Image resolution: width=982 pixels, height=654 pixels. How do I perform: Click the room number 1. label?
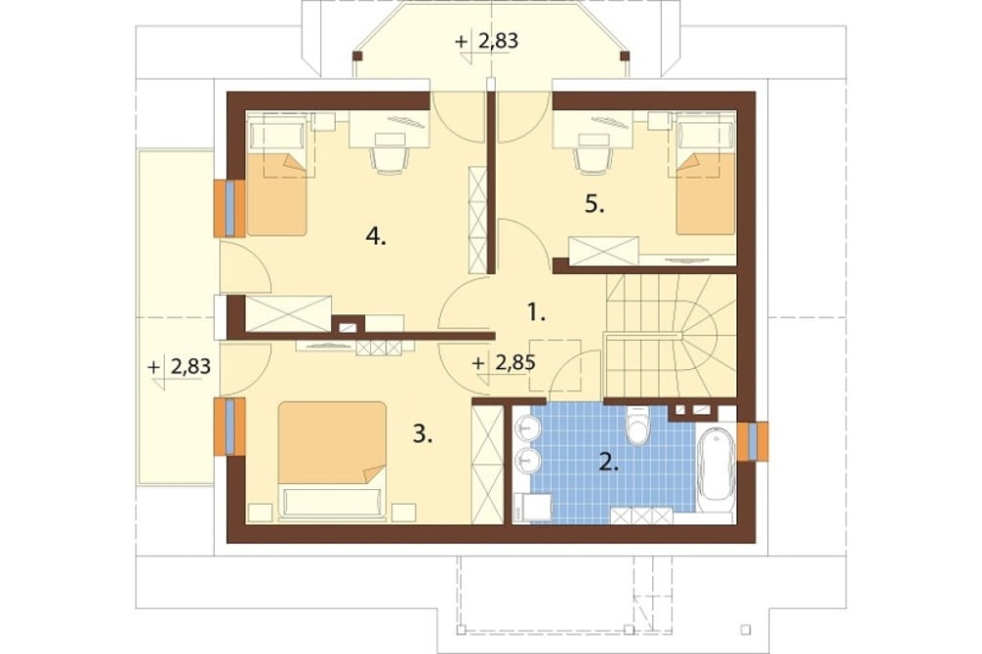tap(535, 312)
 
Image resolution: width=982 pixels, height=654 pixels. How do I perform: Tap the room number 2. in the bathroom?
tap(610, 463)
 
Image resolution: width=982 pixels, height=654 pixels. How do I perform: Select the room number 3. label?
tap(422, 433)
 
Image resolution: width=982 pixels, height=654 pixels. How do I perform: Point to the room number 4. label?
tap(376, 237)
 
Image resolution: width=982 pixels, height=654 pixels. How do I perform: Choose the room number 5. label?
tap(594, 204)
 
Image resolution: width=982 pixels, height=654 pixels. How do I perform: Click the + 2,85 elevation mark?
tap(504, 363)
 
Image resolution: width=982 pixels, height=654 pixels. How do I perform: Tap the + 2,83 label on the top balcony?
tap(487, 41)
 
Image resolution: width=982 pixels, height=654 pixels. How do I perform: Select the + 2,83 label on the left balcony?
tap(179, 366)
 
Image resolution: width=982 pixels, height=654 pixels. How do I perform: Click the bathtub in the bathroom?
tap(716, 464)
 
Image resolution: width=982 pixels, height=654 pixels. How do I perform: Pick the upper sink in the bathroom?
tap(527, 428)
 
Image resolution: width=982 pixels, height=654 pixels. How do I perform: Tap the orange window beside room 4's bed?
tap(229, 208)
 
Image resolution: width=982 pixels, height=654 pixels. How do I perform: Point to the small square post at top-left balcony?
tap(357, 56)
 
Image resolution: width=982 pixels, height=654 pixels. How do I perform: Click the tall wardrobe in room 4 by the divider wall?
tap(478, 220)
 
